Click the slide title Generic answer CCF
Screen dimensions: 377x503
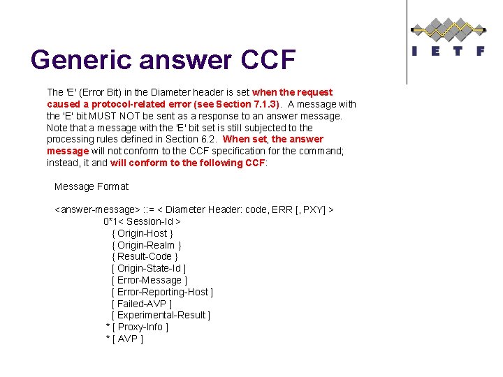tap(163, 60)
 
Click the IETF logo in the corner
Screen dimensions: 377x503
tap(447, 36)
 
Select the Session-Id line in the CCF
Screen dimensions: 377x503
tap(138, 221)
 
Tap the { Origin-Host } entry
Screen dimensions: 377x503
tap(142, 233)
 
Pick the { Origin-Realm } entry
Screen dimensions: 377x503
tap(146, 245)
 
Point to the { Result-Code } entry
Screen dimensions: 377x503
tap(145, 256)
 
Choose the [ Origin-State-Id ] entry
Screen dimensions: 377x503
tap(148, 268)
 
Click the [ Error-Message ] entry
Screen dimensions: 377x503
tap(149, 280)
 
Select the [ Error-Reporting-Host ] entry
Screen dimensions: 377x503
tap(162, 292)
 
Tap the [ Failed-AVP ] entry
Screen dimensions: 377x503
tap(141, 304)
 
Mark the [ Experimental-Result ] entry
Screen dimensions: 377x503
tap(161, 315)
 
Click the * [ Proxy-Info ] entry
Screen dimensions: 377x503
tap(136, 327)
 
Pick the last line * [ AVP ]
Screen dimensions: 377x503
tap(124, 339)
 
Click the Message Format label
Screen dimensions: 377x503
tap(92, 186)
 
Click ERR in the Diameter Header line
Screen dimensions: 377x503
tap(282, 209)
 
